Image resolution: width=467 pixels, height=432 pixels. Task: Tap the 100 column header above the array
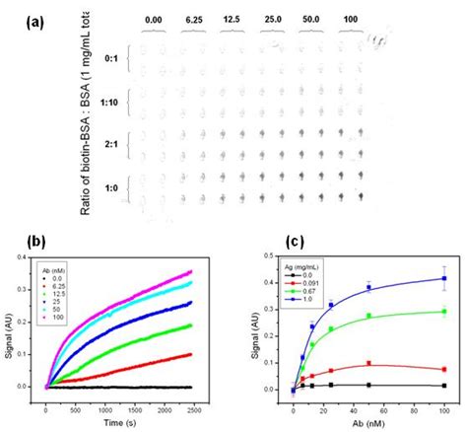(x=349, y=18)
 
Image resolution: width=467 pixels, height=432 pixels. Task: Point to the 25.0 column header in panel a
(x=273, y=18)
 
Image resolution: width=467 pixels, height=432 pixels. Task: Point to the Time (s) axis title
(x=145, y=420)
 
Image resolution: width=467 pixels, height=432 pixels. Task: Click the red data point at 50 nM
(x=368, y=363)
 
